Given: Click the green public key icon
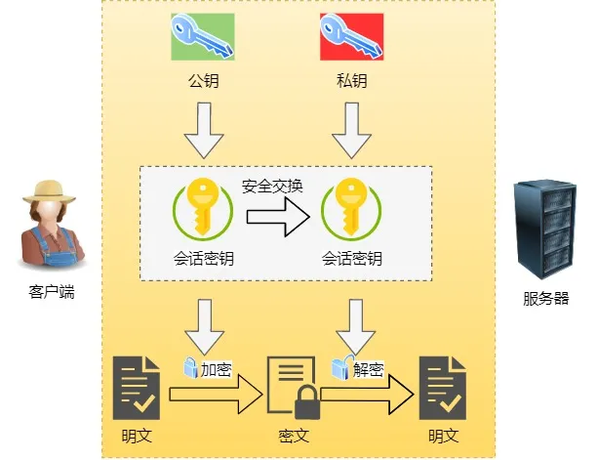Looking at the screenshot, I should (203, 38).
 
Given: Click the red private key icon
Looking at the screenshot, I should (351, 38).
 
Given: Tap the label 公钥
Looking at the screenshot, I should (203, 81).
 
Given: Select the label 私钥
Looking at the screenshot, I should (351, 81).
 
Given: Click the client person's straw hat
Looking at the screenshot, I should (49, 189).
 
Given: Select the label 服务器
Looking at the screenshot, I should (545, 299).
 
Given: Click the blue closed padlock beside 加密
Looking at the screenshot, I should (190, 368).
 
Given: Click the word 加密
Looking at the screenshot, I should (217, 369).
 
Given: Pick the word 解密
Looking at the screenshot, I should (367, 368).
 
